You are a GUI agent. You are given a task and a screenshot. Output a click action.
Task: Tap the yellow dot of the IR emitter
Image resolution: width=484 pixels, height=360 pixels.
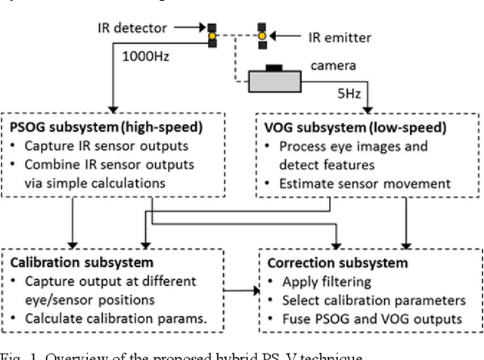pos(262,35)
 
